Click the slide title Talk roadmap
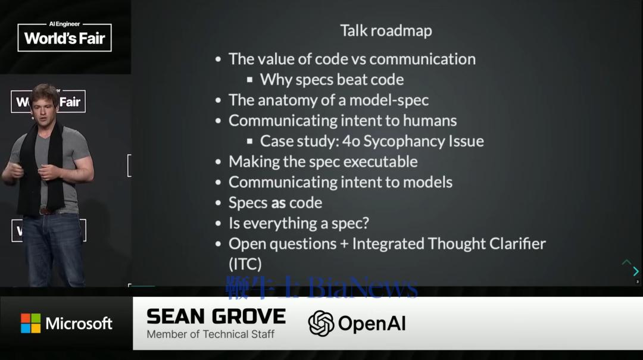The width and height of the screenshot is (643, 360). [386, 31]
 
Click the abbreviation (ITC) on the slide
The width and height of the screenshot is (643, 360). [245, 264]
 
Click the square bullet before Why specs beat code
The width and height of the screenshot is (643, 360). [249, 80]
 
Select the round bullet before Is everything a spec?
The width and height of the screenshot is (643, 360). [218, 224]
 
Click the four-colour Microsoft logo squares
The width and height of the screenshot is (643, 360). [31, 324]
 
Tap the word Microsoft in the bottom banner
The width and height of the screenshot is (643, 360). [79, 324]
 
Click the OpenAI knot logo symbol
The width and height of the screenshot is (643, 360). [321, 324]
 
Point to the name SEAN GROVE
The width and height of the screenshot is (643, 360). [216, 317]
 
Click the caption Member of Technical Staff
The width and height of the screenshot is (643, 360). [210, 334]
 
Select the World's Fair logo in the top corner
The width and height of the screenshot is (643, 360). [64, 37]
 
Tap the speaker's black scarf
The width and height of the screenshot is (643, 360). [41, 168]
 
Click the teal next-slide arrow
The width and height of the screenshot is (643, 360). [636, 271]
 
